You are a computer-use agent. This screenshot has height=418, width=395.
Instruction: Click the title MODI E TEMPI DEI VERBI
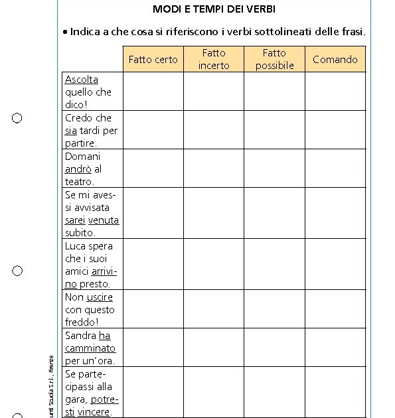click(214, 9)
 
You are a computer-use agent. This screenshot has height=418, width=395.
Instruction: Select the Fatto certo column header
click(153, 60)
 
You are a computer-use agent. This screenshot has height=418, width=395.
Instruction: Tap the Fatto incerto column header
click(214, 59)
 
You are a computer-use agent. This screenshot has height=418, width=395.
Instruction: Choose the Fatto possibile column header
click(274, 59)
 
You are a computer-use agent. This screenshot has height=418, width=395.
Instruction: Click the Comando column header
click(335, 60)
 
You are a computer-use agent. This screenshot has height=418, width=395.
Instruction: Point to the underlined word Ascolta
click(82, 80)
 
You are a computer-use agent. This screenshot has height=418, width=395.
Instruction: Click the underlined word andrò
click(78, 169)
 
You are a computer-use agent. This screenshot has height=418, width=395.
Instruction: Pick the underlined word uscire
click(100, 297)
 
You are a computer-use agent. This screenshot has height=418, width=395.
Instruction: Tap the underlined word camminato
click(90, 348)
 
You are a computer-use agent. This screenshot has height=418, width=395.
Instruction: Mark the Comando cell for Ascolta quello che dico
click(335, 92)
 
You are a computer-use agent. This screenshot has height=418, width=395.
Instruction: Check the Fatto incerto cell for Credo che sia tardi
click(214, 130)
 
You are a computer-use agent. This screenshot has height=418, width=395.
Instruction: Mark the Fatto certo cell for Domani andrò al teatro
click(153, 169)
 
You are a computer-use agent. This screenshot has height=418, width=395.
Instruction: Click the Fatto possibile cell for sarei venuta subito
click(274, 213)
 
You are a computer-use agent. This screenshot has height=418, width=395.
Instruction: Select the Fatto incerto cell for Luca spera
click(214, 264)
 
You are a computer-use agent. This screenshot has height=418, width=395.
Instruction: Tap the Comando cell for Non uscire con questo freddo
click(335, 309)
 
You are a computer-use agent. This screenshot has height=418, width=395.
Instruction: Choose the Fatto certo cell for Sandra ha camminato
click(153, 348)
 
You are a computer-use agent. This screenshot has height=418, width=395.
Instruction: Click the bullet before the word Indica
click(65, 32)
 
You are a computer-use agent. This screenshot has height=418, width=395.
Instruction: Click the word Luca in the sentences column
click(76, 246)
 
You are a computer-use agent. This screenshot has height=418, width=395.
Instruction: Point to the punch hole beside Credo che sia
click(17, 118)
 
